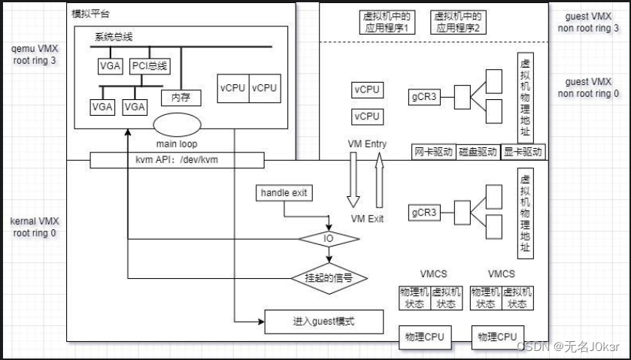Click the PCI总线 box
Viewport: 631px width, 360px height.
click(x=149, y=65)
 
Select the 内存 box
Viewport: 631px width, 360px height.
click(x=181, y=97)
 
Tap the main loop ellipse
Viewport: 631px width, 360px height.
click(x=177, y=123)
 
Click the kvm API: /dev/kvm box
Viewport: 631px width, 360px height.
click(x=177, y=160)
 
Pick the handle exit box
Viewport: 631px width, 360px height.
click(x=284, y=193)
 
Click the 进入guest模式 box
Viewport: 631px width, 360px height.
click(x=323, y=321)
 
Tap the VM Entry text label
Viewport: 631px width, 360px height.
click(x=366, y=143)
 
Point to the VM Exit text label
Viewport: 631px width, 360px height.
click(x=367, y=218)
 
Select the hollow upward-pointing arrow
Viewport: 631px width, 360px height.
click(x=380, y=180)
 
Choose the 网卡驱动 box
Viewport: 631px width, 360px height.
click(x=433, y=151)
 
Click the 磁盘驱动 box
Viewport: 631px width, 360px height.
click(x=478, y=151)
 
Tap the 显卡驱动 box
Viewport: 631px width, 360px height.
click(x=523, y=151)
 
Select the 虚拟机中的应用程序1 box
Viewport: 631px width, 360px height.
click(x=384, y=22)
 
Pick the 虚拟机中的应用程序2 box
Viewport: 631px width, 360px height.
click(x=457, y=22)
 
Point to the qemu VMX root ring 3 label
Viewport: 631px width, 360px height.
click(x=34, y=55)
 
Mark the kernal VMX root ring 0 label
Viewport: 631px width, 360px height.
click(x=35, y=227)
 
